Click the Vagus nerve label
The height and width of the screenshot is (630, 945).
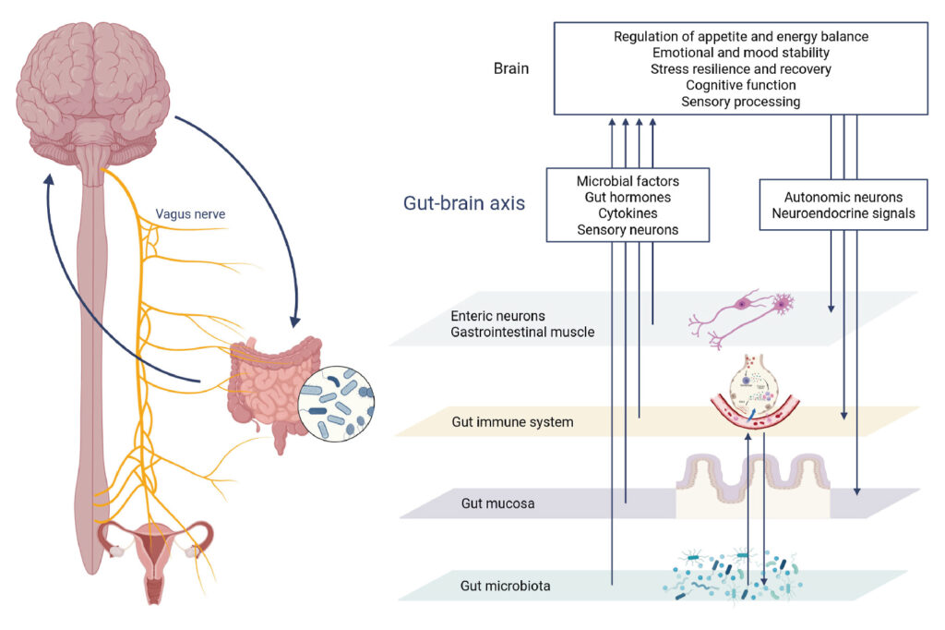click(190, 213)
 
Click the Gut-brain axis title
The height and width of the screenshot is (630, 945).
click(464, 203)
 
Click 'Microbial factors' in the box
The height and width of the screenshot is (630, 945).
click(627, 181)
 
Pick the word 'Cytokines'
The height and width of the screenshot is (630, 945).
click(627, 213)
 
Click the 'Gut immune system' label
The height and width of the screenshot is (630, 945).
click(512, 422)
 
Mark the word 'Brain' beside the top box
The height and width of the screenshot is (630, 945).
click(511, 68)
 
